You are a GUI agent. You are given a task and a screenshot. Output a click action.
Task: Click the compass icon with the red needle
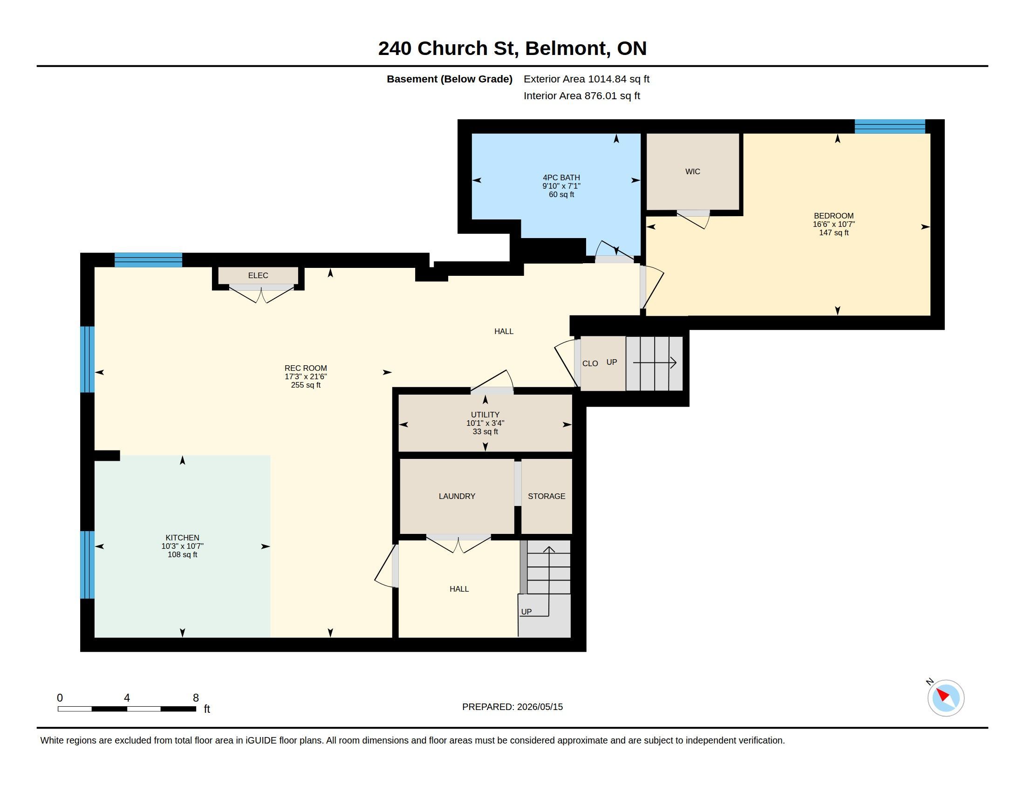(x=945, y=698)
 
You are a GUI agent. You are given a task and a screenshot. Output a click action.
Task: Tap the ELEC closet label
(x=258, y=275)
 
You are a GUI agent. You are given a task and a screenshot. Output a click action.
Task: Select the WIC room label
(x=693, y=172)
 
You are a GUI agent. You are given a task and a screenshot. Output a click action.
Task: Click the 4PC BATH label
(x=561, y=178)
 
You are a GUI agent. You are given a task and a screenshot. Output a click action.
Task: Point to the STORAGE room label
(x=547, y=496)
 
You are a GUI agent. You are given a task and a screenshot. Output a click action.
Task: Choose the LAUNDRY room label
(x=457, y=496)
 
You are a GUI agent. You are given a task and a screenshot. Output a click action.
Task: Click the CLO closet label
(x=590, y=364)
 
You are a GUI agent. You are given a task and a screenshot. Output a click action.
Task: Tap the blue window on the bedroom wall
(x=889, y=127)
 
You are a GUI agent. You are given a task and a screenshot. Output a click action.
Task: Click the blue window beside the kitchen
(x=87, y=565)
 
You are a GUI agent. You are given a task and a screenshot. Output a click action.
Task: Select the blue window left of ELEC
(x=148, y=260)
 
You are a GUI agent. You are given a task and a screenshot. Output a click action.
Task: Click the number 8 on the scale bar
(x=196, y=698)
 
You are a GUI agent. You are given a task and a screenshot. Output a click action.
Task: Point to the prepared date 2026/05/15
(x=540, y=707)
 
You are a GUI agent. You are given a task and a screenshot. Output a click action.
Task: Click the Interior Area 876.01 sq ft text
(x=581, y=96)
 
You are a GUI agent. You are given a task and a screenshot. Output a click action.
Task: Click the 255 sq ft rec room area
(x=306, y=385)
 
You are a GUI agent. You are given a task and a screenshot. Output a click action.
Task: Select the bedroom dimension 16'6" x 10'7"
(x=834, y=224)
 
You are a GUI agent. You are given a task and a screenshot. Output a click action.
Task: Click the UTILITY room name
(x=485, y=415)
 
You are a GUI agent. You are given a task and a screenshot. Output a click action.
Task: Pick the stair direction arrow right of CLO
(x=655, y=362)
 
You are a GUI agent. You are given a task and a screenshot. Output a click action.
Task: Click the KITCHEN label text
(x=182, y=538)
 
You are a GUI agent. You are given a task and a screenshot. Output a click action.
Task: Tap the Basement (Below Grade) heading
(x=449, y=79)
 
